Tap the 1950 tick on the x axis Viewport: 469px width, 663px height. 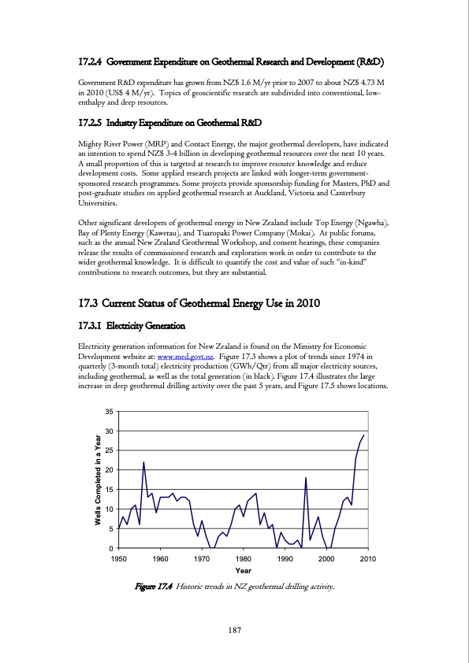[x=119, y=557]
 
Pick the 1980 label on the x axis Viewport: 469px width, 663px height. [x=243, y=557]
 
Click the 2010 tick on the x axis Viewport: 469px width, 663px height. [x=366, y=557]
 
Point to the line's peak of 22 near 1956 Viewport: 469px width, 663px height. [x=143, y=461]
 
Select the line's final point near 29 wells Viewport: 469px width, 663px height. [x=363, y=435]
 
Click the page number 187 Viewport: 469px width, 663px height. [x=234, y=631]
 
